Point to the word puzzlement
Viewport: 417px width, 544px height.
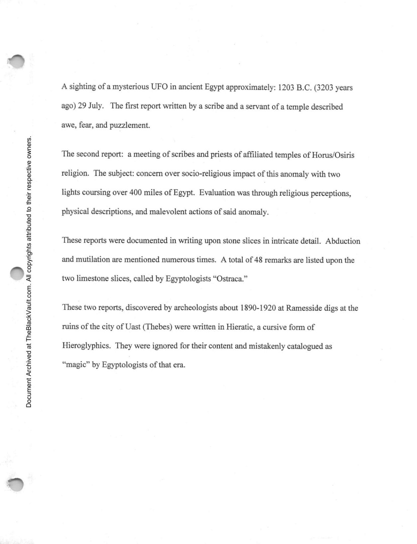coord(130,125)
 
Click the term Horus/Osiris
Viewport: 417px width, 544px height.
coord(333,155)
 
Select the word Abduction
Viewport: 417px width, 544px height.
coord(343,241)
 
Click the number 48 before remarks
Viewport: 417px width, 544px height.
coord(258,260)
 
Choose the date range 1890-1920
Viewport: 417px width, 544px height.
coord(257,308)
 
